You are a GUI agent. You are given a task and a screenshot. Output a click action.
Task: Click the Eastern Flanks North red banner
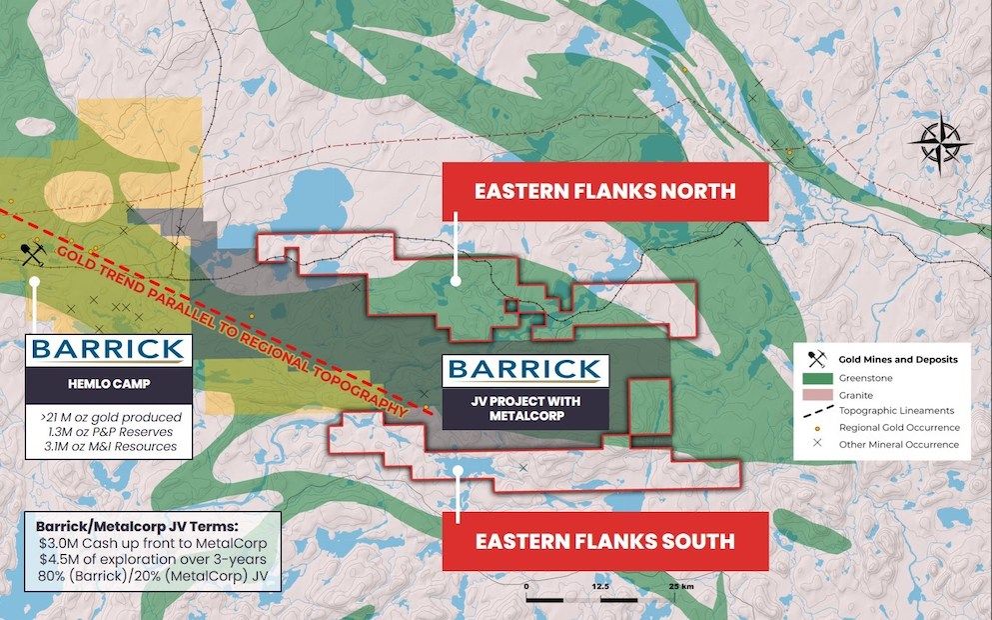pos(605,190)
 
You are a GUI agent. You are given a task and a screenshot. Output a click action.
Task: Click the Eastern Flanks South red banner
pos(605,541)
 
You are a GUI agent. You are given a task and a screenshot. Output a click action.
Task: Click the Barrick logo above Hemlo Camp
pos(107,350)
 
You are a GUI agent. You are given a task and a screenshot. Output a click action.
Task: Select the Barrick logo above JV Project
pos(523,368)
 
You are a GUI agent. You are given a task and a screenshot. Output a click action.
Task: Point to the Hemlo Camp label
pos(107,382)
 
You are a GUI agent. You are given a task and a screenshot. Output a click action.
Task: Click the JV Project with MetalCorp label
pos(523,408)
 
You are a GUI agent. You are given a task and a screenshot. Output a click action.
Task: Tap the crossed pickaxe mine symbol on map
pos(33,254)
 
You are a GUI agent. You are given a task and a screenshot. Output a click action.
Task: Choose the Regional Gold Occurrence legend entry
pos(884,427)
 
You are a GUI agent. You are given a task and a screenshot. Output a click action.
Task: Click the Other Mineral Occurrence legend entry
pos(884,443)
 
